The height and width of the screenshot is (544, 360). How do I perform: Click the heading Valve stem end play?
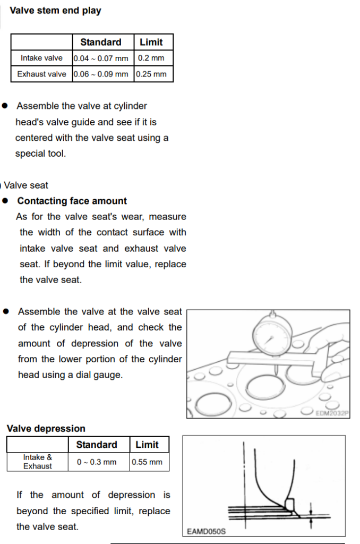click(x=55, y=11)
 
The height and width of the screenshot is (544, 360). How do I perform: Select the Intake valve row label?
click(x=41, y=58)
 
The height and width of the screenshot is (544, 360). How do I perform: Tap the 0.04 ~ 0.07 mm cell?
click(x=101, y=58)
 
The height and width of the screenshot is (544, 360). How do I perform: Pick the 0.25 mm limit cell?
click(x=151, y=74)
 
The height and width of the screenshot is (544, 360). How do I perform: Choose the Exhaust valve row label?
click(x=41, y=74)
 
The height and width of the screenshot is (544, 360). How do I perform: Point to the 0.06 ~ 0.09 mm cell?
click(x=101, y=74)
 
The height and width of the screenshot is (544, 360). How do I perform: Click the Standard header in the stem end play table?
click(x=101, y=42)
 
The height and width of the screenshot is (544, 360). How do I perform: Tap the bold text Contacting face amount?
click(x=72, y=201)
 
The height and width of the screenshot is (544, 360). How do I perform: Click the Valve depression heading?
click(x=46, y=429)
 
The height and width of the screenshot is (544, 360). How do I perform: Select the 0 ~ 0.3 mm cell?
click(x=97, y=462)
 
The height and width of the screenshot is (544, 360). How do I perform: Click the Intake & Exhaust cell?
click(x=37, y=462)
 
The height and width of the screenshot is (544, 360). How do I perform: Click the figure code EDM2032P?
click(x=332, y=413)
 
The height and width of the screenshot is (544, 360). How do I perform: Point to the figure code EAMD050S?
click(x=207, y=531)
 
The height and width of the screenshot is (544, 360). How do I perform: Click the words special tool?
click(x=40, y=154)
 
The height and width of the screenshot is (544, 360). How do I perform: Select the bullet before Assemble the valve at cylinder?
click(x=5, y=106)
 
